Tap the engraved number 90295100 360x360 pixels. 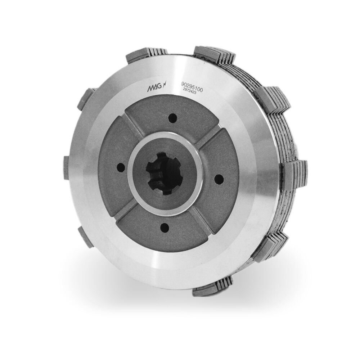coord(192,87)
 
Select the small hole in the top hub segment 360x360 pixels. coord(172,118)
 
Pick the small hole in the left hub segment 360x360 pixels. coord(121,167)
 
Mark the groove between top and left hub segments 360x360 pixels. coord(132,126)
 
